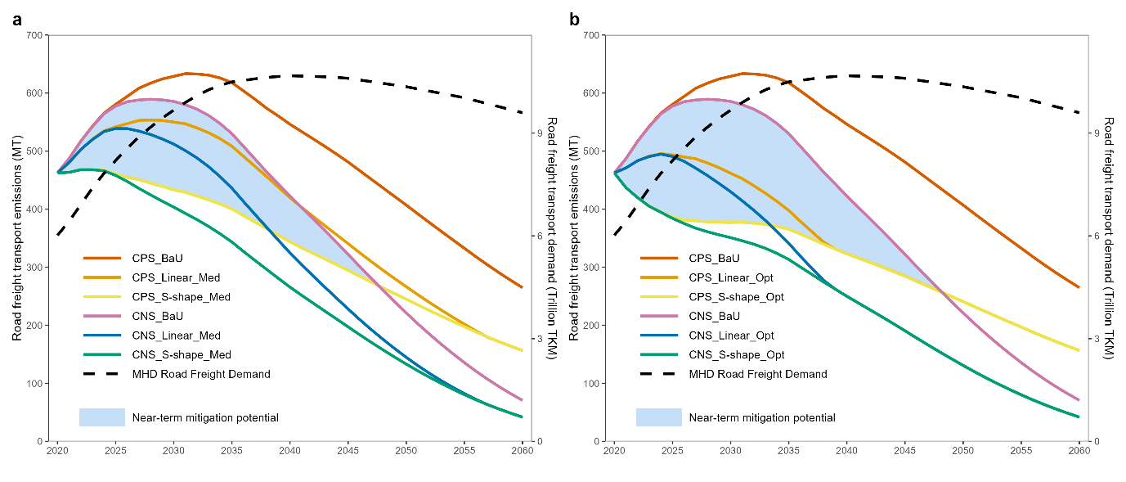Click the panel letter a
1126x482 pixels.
click(17, 20)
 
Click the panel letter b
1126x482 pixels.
click(575, 20)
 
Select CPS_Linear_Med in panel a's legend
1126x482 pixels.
click(176, 278)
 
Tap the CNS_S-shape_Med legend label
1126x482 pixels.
click(182, 355)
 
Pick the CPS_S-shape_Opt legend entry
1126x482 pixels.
click(737, 297)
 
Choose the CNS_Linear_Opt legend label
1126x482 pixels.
click(731, 336)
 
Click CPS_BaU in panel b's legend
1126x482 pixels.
click(716, 259)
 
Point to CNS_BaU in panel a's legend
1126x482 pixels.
click(158, 316)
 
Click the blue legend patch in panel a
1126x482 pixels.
click(101, 417)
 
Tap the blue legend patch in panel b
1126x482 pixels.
click(658, 417)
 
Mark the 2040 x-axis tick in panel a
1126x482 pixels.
click(289, 451)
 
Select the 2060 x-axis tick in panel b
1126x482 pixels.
click(1079, 451)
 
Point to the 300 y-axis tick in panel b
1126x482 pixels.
click(593, 268)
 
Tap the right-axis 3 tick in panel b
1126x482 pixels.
click(1097, 339)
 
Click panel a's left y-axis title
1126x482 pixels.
click(17, 238)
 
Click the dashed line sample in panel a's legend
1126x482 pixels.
click(101, 374)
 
